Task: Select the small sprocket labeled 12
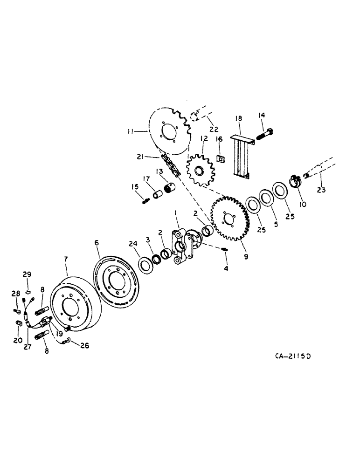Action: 202,171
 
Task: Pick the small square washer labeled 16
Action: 220,159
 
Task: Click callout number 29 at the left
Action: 28,274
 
